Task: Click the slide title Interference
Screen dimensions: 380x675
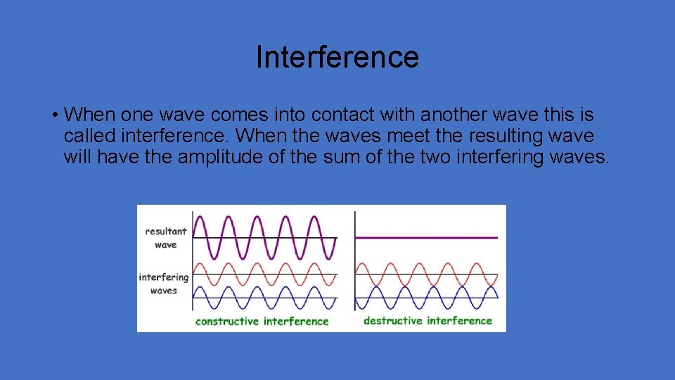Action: pyautogui.click(x=337, y=57)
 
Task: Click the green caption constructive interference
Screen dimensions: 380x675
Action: pyautogui.click(x=262, y=322)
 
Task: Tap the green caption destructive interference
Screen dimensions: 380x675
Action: pyautogui.click(x=427, y=321)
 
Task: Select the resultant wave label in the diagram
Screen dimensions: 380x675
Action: pyautogui.click(x=166, y=238)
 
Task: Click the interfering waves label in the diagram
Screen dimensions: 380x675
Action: pyautogui.click(x=164, y=284)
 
